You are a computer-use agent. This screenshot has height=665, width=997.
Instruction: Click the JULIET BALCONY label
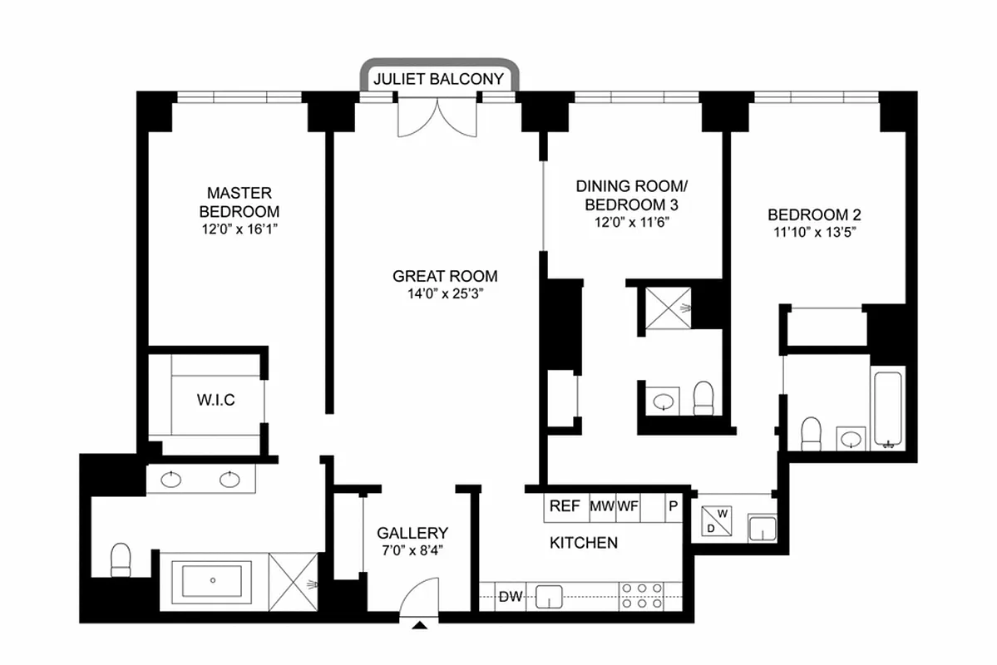(439, 80)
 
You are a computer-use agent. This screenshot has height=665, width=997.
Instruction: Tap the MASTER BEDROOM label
(239, 202)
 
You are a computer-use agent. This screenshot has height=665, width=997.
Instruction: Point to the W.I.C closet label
(215, 401)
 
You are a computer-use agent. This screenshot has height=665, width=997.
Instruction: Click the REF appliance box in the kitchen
(565, 506)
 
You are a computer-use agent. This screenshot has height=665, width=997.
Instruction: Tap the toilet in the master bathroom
(121, 559)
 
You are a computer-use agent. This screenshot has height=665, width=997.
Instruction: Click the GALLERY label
(412, 533)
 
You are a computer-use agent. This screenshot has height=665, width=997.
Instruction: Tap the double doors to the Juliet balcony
(438, 116)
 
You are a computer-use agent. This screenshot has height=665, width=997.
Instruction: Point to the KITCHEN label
(584, 543)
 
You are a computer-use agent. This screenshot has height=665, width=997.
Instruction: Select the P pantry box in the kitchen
(674, 506)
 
